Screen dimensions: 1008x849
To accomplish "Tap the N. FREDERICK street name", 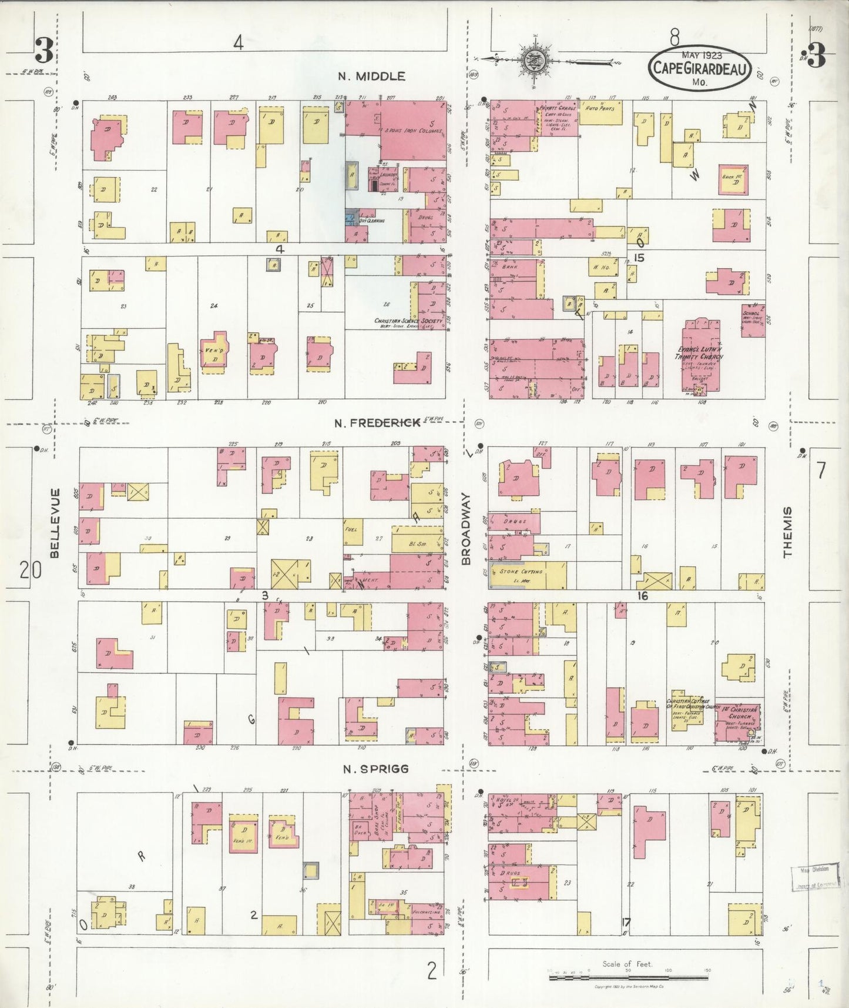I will click(377, 423).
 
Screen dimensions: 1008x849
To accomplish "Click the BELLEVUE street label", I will click(55, 522).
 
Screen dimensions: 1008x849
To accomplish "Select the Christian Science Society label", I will click(408, 321).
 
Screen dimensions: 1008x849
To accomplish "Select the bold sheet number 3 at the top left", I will click(43, 51).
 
